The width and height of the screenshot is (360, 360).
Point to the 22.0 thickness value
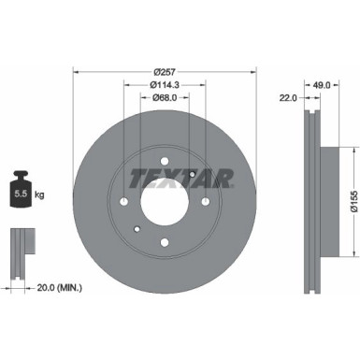click(287, 97)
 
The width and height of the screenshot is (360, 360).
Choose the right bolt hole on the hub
click(206, 201)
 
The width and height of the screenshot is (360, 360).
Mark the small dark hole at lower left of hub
click(137, 230)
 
